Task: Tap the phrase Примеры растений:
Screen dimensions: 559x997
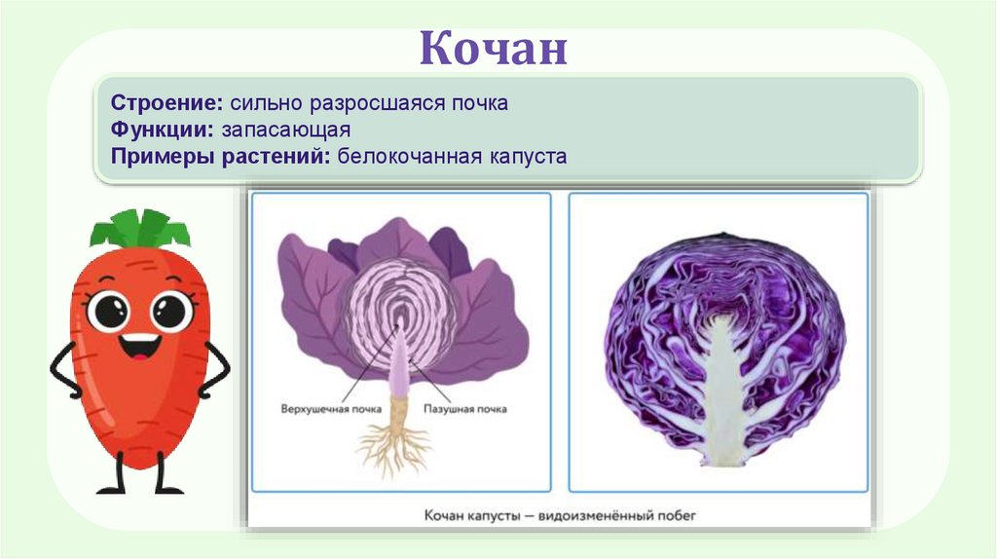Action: pos(221,156)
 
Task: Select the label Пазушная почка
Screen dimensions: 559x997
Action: pos(464,410)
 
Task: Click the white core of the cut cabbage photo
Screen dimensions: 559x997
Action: pos(720,390)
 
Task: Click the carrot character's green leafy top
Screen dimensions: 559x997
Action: pos(140,230)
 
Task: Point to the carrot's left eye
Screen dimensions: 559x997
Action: pos(107,311)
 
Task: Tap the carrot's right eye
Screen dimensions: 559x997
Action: pos(171,311)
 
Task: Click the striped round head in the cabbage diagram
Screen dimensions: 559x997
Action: pos(400,312)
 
